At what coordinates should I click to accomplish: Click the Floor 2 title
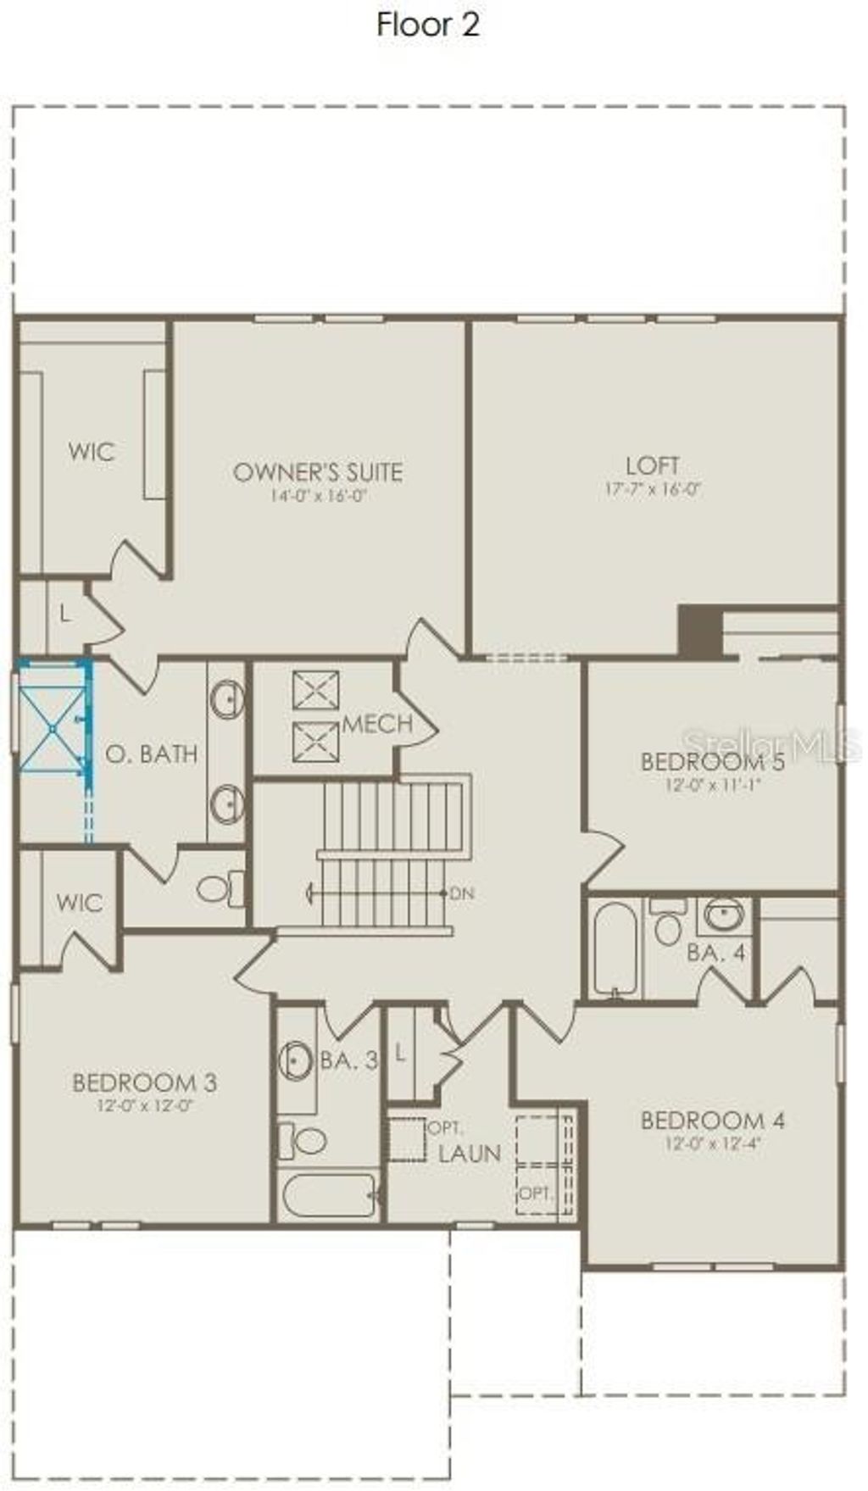tap(428, 25)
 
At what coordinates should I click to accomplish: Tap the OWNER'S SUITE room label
tap(318, 472)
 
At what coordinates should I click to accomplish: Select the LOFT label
tap(653, 465)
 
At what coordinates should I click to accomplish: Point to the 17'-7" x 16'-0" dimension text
tap(653, 489)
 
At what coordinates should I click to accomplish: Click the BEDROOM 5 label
tap(713, 761)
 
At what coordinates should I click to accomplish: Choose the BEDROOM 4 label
tap(713, 1121)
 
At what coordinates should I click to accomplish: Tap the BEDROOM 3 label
tap(145, 1082)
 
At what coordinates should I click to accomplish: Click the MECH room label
tap(377, 724)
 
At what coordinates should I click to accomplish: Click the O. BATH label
tap(152, 754)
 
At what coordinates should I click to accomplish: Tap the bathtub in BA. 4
tap(615, 947)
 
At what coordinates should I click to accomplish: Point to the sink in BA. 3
tap(295, 1060)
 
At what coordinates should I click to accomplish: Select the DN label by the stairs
tap(462, 893)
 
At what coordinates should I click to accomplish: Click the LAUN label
tap(470, 1154)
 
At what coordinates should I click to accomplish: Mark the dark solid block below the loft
tap(698, 630)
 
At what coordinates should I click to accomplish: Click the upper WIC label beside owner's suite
tap(92, 452)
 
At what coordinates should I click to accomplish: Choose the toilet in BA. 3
tap(305, 1140)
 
